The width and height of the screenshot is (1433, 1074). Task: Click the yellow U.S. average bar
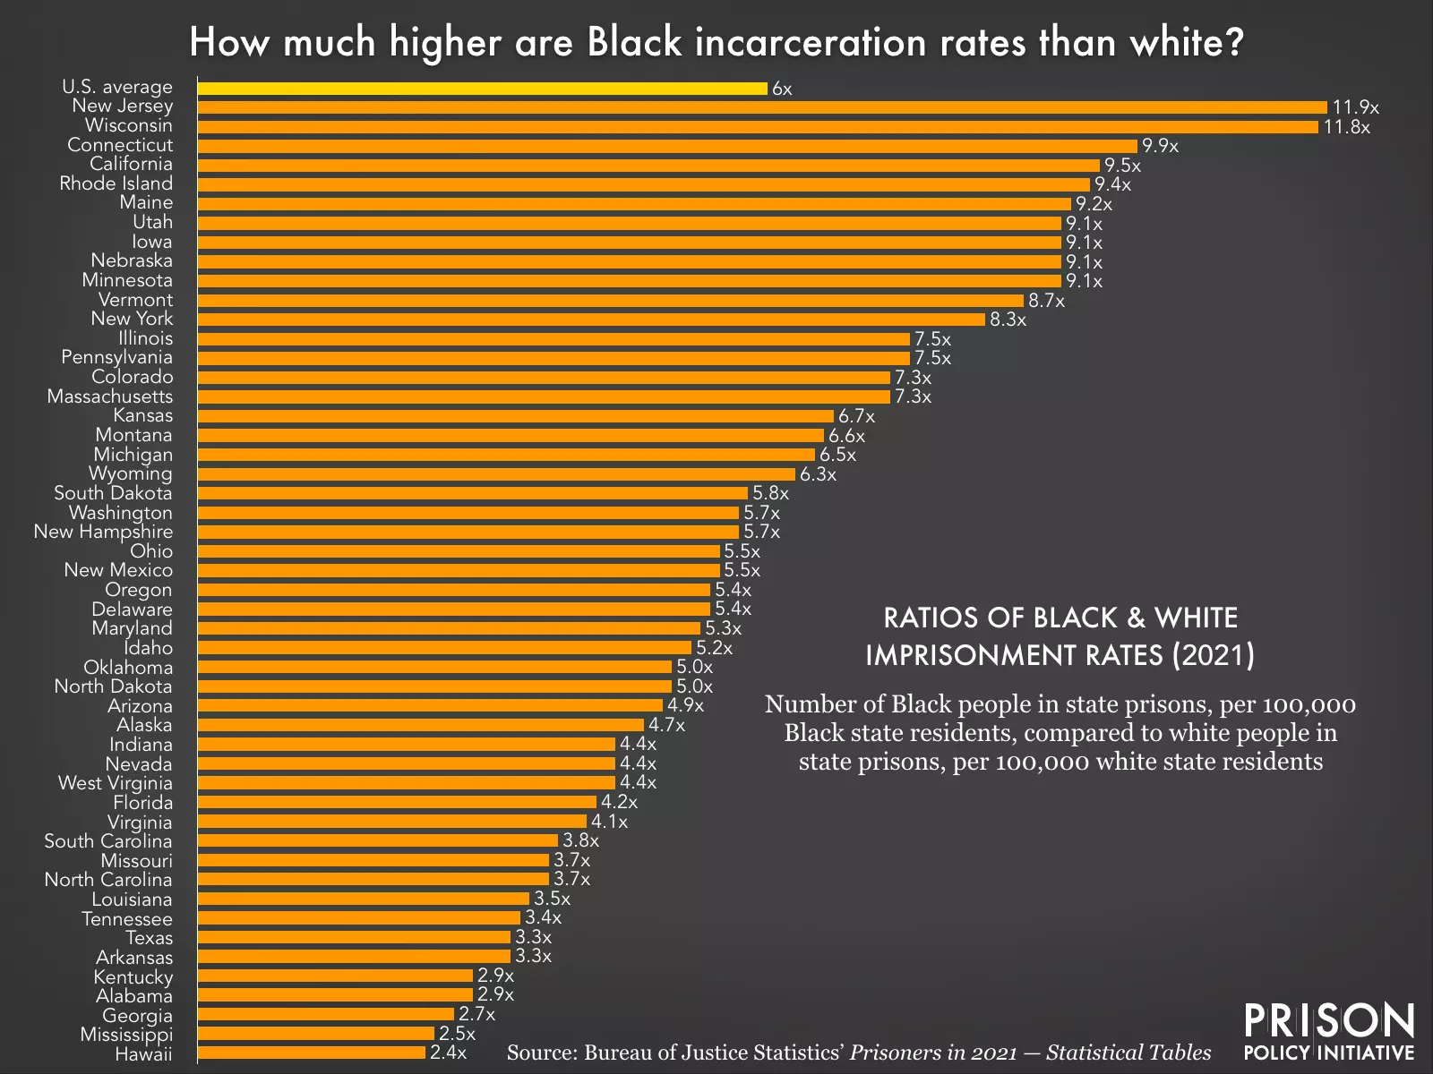click(x=482, y=89)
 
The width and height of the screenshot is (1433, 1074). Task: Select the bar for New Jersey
click(x=761, y=107)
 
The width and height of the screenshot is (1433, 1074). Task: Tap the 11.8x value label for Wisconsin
click(x=1347, y=127)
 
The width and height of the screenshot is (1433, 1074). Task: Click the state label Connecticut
click(x=120, y=145)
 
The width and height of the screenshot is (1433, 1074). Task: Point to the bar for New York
click(x=591, y=320)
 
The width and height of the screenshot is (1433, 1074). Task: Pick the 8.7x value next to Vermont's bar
click(x=1046, y=301)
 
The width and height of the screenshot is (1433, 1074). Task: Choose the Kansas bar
click(x=515, y=416)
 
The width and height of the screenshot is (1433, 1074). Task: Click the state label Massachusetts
click(x=110, y=396)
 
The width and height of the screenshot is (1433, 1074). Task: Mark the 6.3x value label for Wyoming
click(x=818, y=474)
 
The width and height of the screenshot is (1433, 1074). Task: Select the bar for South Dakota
click(x=472, y=493)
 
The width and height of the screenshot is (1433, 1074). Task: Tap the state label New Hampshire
click(x=103, y=532)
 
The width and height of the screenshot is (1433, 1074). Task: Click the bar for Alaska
click(x=420, y=725)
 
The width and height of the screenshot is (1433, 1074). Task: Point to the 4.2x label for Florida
click(x=619, y=802)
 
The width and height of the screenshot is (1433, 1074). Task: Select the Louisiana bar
click(x=363, y=899)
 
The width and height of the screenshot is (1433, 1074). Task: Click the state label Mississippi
click(x=126, y=1035)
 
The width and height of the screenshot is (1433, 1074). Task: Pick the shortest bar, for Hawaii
click(x=311, y=1053)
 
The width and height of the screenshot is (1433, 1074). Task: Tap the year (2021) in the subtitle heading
click(x=1214, y=655)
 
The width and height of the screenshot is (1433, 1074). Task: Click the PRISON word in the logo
click(x=1329, y=1021)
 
